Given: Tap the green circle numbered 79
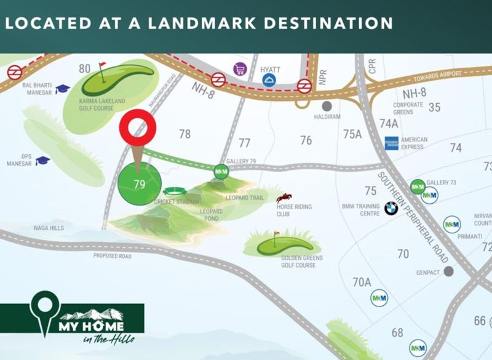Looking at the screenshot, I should tap(139, 183).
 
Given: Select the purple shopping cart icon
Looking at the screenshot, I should tap(238, 70).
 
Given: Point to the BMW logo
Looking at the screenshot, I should tap(391, 209).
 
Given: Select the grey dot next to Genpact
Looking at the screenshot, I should tap(449, 271).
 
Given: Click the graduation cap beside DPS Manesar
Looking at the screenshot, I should tap(42, 161).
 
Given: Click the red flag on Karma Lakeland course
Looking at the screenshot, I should tap(102, 65).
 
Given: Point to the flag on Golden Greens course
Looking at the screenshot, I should tap(276, 234).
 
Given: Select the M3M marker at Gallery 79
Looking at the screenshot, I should tap(221, 172).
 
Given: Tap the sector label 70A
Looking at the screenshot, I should tap(362, 282).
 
